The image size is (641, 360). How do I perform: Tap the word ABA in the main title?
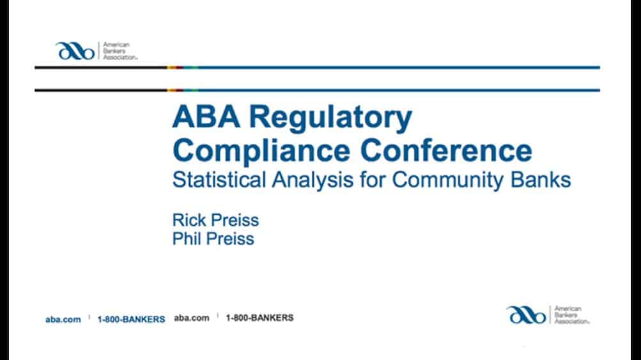pos(206,116)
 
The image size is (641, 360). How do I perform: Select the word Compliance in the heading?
pos(261,152)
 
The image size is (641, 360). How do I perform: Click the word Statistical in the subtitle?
pos(219,180)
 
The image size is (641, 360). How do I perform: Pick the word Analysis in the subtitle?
pos(313,180)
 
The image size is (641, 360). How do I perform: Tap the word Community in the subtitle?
pos(447,180)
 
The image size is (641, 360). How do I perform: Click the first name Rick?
pos(189,220)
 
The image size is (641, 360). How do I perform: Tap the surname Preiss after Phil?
pos(230,239)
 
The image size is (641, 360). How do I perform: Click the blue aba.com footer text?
pos(63,320)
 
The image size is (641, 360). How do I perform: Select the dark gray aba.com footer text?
pos(192,318)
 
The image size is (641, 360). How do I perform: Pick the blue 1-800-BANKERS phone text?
pos(131,320)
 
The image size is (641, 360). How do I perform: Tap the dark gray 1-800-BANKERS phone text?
pos(259,318)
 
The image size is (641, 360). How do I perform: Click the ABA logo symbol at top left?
pos(75,51)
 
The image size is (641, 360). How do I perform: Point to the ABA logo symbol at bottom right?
pos(526,315)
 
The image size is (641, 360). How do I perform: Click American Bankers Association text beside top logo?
pos(120,51)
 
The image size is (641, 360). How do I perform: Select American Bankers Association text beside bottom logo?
pos(572,315)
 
